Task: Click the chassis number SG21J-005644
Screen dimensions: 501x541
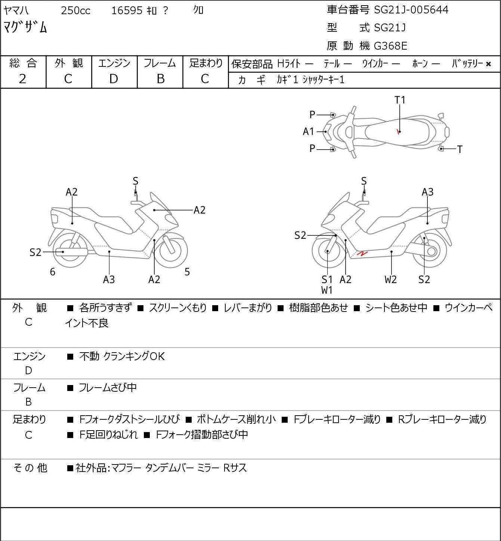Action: [x=411, y=10]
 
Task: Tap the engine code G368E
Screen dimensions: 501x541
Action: [x=390, y=46]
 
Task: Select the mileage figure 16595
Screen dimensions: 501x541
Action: [x=127, y=10]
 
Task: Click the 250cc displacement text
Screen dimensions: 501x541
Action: [x=75, y=10]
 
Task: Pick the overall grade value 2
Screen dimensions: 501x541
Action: [x=23, y=79]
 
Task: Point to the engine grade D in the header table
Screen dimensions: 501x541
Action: [x=114, y=79]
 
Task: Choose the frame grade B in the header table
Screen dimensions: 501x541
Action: [x=160, y=79]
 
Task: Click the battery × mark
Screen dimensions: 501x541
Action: [x=488, y=64]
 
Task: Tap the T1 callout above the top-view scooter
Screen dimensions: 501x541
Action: [x=400, y=100]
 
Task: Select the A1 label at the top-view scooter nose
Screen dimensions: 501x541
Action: [x=309, y=132]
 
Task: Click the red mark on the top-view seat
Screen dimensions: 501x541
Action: [x=398, y=132]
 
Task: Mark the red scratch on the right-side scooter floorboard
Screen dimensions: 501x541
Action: [x=362, y=254]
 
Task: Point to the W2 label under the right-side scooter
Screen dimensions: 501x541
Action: [x=390, y=279]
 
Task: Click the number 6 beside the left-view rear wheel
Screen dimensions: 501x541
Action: [x=53, y=272]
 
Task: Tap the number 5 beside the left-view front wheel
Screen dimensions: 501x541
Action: [x=187, y=272]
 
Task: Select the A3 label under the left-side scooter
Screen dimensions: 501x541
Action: [x=109, y=279]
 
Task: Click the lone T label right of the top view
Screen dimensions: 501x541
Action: [x=460, y=149]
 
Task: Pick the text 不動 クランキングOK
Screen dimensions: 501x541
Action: [x=122, y=356]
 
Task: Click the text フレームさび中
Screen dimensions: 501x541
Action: [x=108, y=388]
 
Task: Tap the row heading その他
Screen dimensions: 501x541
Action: [x=30, y=468]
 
